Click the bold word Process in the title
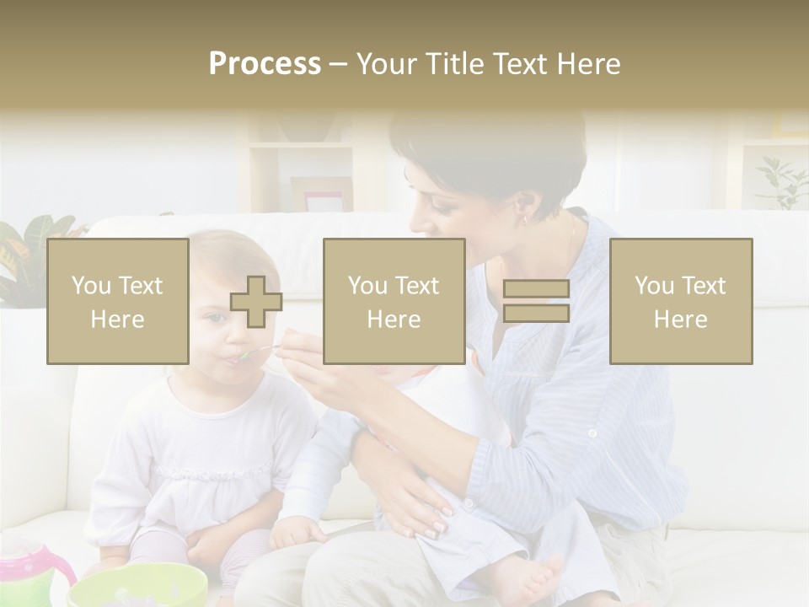coord(265,64)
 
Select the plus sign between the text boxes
coord(256,302)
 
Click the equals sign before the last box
coord(536,301)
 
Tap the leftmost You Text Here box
coord(117,301)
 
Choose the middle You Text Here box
coord(394,301)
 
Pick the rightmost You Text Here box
coord(680,301)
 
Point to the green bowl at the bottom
coord(139,586)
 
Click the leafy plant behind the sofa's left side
coord(34,253)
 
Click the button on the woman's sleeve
coord(592,433)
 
